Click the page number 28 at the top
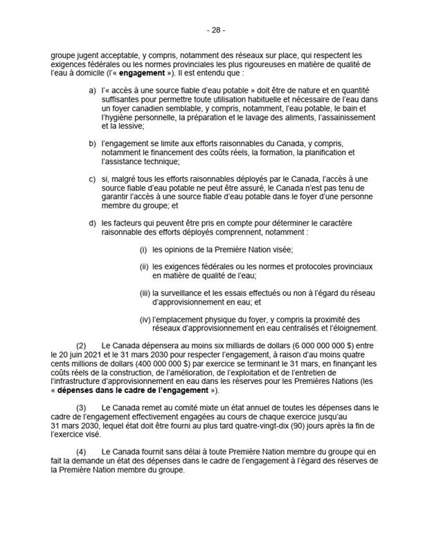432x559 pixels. point(215,30)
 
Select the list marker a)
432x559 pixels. point(93,91)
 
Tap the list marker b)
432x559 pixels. point(93,143)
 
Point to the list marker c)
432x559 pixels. point(93,179)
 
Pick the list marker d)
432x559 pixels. point(93,223)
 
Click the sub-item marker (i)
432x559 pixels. point(144,249)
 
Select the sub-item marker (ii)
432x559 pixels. point(144,266)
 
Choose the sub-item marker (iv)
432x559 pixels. point(145,319)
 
